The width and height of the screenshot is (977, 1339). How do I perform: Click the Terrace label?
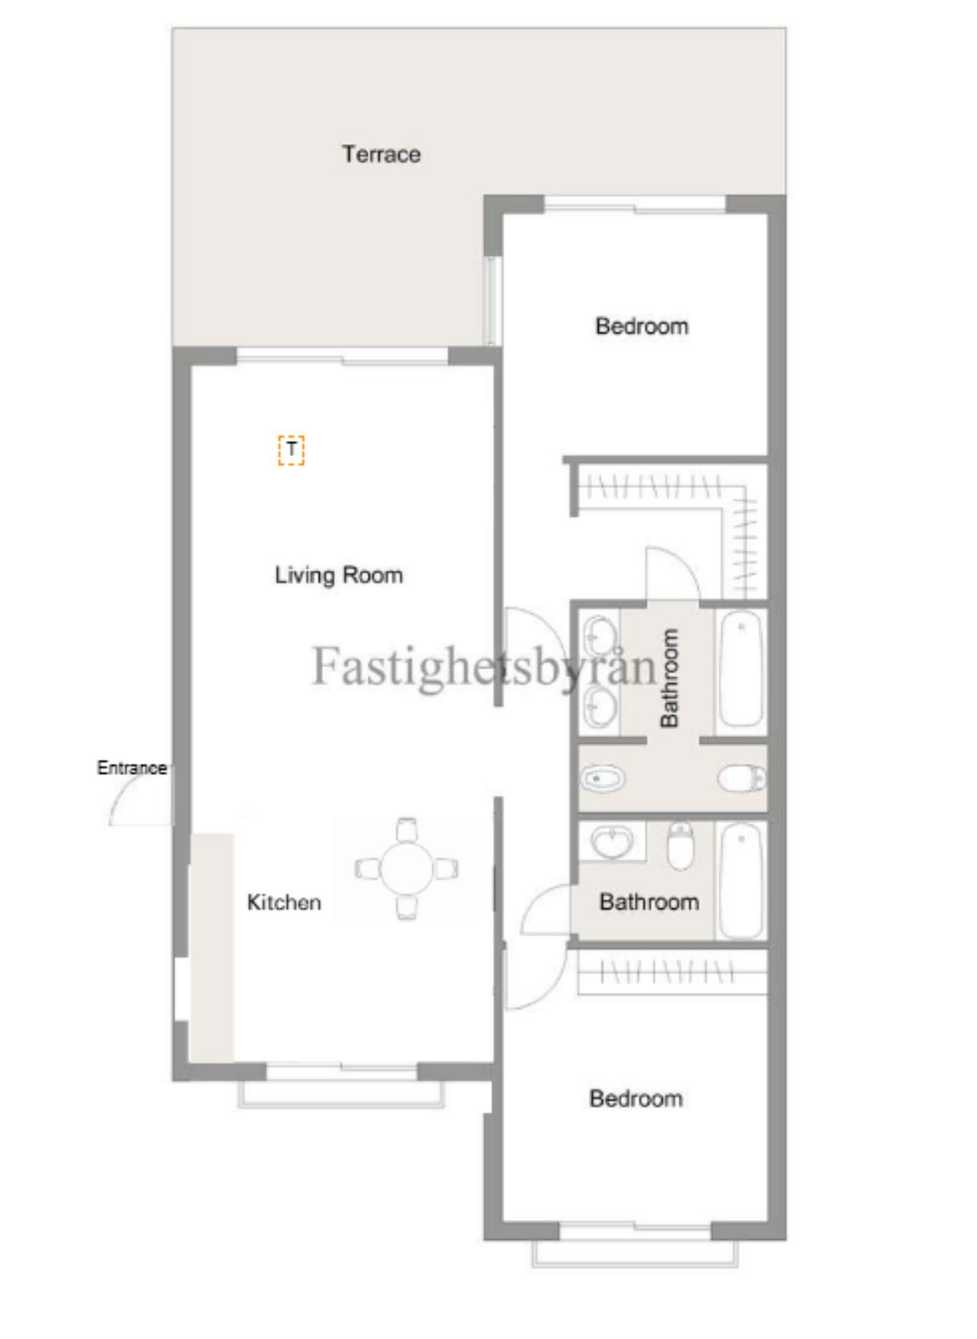point(381,154)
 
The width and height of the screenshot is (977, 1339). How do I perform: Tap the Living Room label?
point(339,575)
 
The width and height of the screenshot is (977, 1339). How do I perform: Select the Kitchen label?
point(284,902)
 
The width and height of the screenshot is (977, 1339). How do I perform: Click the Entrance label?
point(131,768)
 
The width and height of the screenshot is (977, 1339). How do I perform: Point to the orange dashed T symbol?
point(291,450)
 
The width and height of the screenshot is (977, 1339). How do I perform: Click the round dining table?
point(407,868)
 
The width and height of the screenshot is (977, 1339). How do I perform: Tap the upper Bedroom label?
point(641,326)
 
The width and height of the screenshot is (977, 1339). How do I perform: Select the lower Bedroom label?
point(635,1098)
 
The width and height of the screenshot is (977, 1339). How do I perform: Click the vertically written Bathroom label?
point(669,678)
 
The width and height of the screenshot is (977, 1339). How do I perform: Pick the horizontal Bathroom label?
point(649,902)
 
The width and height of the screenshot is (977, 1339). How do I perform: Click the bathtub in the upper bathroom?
point(742,668)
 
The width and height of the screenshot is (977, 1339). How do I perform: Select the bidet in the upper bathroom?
point(603,779)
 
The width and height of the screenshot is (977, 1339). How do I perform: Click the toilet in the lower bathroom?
point(681,845)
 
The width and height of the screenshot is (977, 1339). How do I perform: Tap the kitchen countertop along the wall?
point(211,946)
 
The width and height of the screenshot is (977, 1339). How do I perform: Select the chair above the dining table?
point(407,829)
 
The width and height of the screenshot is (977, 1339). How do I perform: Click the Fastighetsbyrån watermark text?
point(484,667)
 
